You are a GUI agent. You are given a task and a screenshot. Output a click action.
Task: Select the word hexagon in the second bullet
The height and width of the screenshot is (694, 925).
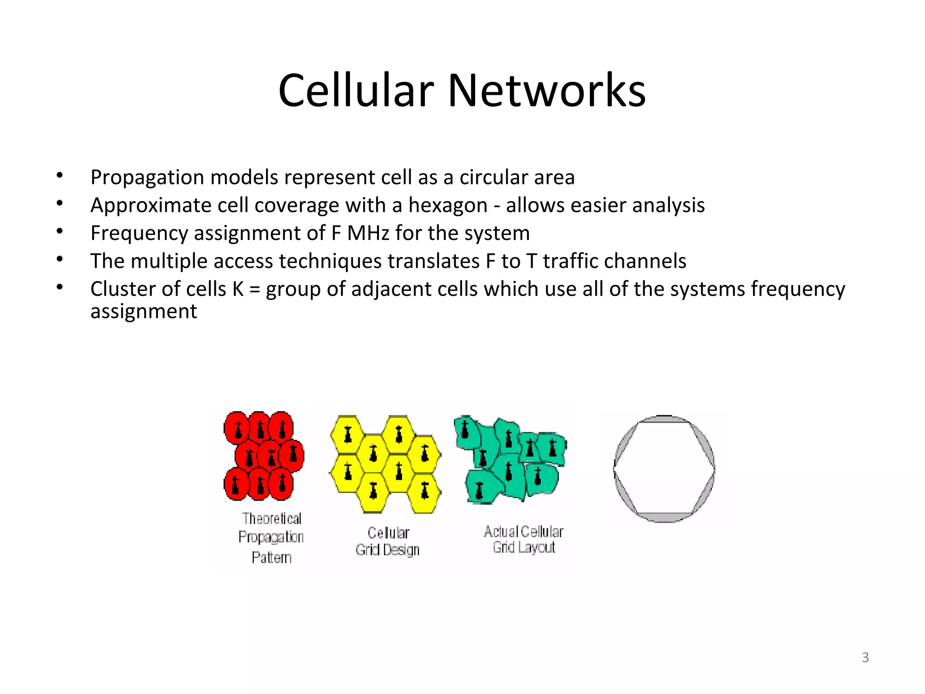(448, 206)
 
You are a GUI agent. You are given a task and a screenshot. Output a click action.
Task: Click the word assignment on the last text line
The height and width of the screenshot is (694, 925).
(144, 312)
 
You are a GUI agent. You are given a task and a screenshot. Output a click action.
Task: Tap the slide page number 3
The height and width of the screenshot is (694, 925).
(865, 657)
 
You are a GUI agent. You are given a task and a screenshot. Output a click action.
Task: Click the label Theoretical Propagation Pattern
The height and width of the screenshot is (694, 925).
(271, 538)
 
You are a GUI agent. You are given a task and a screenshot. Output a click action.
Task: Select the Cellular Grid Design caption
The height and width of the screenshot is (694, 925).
(388, 541)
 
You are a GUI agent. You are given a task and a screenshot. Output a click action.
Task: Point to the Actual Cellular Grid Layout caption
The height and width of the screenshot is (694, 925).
(523, 539)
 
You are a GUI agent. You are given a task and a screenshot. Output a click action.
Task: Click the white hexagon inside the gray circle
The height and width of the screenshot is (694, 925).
(664, 469)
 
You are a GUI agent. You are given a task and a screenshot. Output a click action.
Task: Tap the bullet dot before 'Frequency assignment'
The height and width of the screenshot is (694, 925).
(60, 232)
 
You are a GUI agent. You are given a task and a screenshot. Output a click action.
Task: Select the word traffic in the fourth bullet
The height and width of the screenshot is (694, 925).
(570, 261)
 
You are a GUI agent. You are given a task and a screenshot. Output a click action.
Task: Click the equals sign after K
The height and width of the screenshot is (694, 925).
(254, 290)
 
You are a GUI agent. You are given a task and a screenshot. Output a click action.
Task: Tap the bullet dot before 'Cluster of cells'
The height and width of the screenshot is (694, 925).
(60, 287)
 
